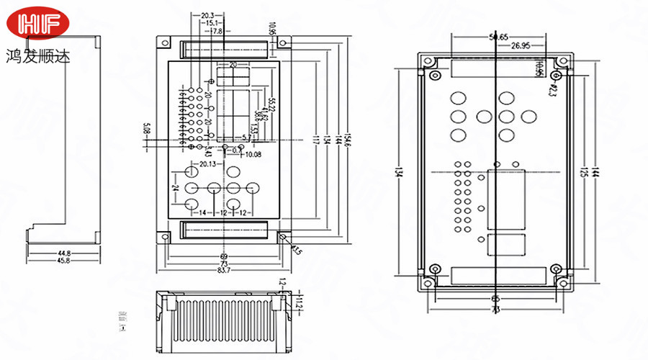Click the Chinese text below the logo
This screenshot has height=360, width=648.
37,55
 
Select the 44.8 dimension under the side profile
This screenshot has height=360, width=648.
64,253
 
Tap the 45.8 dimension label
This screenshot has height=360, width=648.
64,260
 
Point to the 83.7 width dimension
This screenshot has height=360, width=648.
223,270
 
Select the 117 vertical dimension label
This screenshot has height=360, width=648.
315,140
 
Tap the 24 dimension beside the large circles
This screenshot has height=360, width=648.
175,187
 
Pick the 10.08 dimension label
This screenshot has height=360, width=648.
253,154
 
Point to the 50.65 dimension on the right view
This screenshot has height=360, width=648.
498,37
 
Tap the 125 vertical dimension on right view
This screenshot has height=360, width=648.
584,173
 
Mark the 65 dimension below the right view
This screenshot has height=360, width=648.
495,297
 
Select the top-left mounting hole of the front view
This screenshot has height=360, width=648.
166,44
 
